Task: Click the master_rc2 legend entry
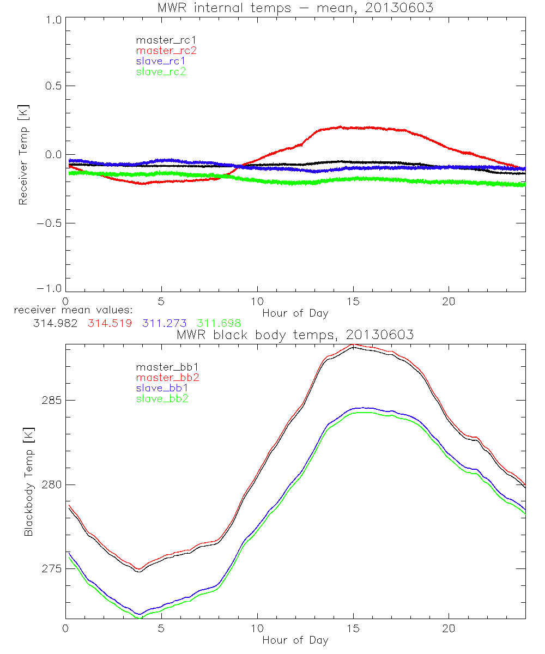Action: [x=166, y=50]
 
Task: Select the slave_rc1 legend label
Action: [x=161, y=60]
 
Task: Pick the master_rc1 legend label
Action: [x=166, y=40]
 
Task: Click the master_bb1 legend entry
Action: [x=166, y=367]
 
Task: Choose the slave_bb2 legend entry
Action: [x=161, y=399]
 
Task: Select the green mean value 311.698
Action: [x=219, y=323]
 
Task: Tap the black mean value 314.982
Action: [x=55, y=323]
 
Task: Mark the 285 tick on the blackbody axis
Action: [x=51, y=401]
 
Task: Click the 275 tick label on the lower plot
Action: [x=51, y=568]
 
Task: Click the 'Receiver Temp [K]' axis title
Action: [x=23, y=154]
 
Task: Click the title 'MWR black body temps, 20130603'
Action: [x=295, y=335]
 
